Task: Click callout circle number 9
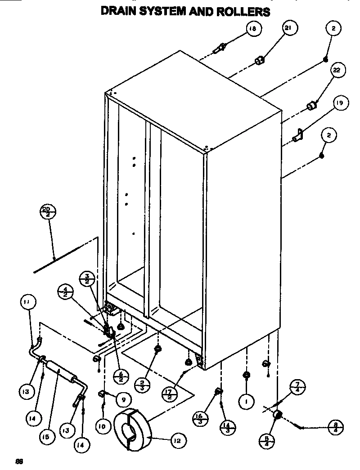[x=121, y=398]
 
